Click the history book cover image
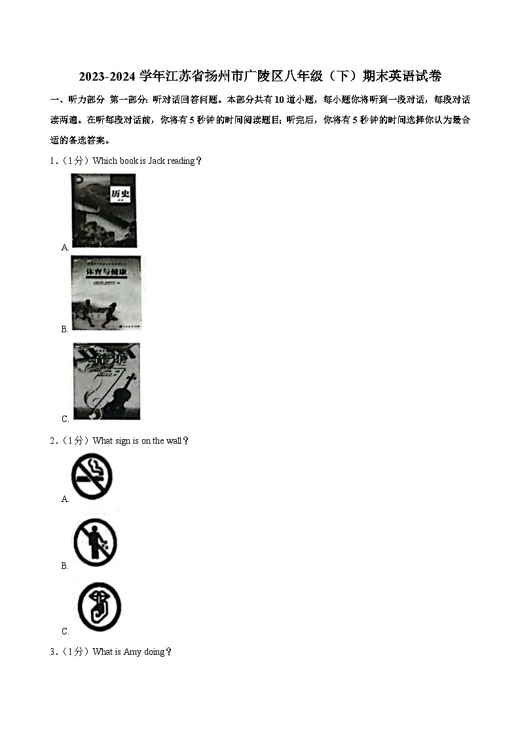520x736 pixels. [103, 210]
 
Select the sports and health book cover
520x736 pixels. [105, 293]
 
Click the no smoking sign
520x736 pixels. [91, 476]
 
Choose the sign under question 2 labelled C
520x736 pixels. [99, 608]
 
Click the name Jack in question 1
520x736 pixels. [157, 161]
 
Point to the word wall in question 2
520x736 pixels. [174, 441]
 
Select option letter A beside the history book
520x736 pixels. [65, 247]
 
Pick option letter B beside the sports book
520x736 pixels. [65, 330]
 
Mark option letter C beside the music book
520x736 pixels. [65, 419]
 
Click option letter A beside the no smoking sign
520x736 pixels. [65, 499]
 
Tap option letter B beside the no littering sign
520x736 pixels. [65, 566]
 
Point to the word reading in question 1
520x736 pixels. [181, 161]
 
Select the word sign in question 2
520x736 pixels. [122, 441]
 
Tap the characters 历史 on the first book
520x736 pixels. [120, 195]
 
